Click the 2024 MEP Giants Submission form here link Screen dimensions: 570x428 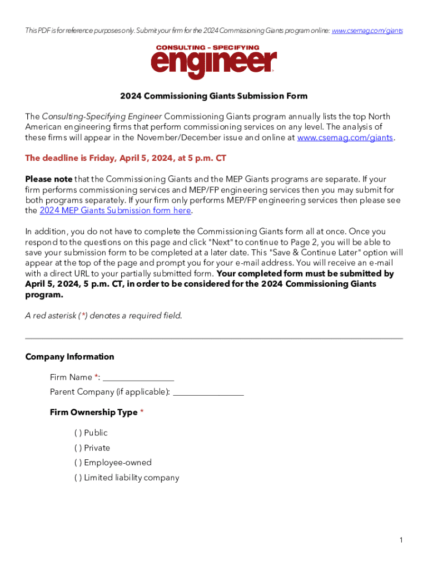click(x=115, y=210)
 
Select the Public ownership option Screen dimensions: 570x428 click(x=78, y=433)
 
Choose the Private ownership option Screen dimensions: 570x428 click(x=78, y=448)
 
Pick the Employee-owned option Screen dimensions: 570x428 click(x=78, y=463)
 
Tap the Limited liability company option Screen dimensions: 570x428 click(x=78, y=478)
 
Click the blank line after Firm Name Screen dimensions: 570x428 click(x=138, y=378)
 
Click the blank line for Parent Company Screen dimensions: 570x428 click(x=208, y=392)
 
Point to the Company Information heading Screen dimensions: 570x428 click(x=69, y=357)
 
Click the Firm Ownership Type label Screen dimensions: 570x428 click(x=93, y=412)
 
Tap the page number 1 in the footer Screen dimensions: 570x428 click(x=400, y=540)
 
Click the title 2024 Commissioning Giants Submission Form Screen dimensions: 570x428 click(x=214, y=96)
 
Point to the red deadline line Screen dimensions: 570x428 click(x=126, y=158)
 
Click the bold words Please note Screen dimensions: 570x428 click(x=49, y=179)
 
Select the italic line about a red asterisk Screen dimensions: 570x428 click(x=103, y=316)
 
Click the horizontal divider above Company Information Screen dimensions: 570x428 click(x=214, y=338)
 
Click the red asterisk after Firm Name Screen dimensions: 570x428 click(x=97, y=377)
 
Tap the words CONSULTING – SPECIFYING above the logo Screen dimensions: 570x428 click(x=207, y=48)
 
